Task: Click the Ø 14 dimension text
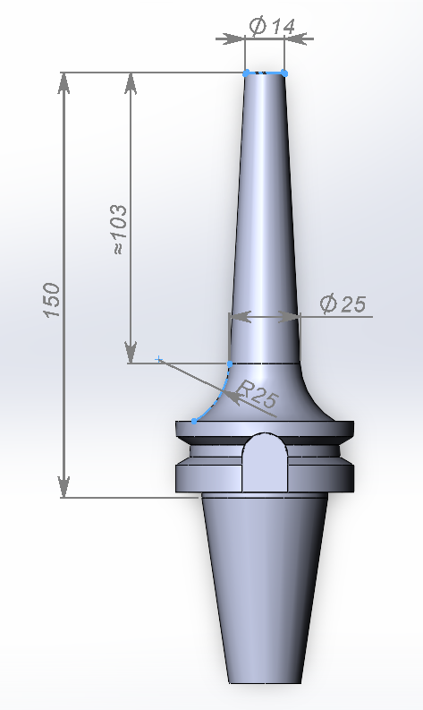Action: click(x=272, y=28)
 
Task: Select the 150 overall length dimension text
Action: click(x=52, y=300)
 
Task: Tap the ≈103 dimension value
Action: click(x=121, y=231)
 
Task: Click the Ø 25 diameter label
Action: click(x=343, y=304)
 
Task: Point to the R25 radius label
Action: click(x=257, y=395)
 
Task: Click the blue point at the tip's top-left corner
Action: click(x=246, y=72)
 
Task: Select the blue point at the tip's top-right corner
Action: click(x=284, y=72)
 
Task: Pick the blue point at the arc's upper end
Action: click(x=231, y=364)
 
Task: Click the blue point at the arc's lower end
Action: click(x=194, y=420)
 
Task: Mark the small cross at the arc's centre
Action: click(x=159, y=359)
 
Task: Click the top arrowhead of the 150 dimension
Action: click(x=64, y=81)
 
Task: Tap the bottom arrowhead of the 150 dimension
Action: click(x=64, y=488)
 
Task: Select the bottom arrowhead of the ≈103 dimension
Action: click(x=131, y=353)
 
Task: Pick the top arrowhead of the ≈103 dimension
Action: click(x=131, y=81)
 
